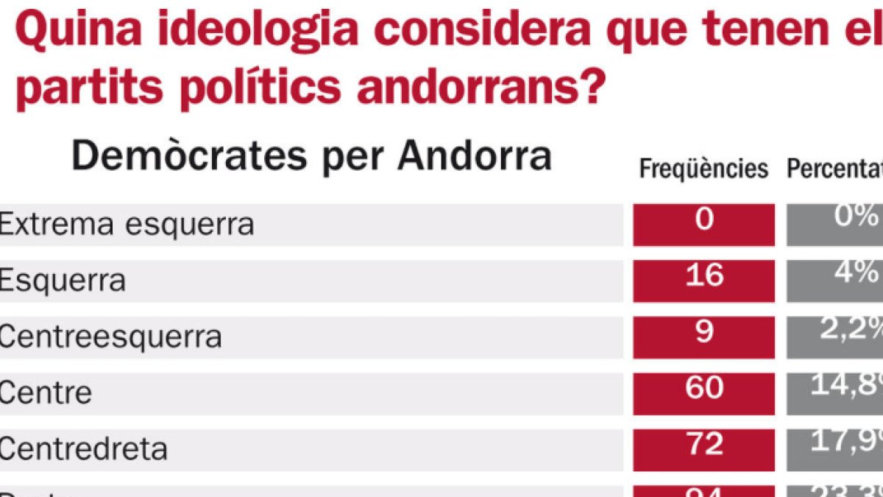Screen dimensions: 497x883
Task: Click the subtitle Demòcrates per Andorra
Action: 311,157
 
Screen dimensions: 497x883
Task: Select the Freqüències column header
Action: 703,169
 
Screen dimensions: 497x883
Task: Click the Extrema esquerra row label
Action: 127,225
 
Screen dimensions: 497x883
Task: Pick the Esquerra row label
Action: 63,281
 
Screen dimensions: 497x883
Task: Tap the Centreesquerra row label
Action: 110,337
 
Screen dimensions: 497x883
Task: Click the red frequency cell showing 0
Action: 703,225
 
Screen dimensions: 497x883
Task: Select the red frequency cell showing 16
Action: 703,281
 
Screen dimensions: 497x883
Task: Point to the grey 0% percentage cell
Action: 834,225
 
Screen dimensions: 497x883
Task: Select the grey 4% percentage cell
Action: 834,281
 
